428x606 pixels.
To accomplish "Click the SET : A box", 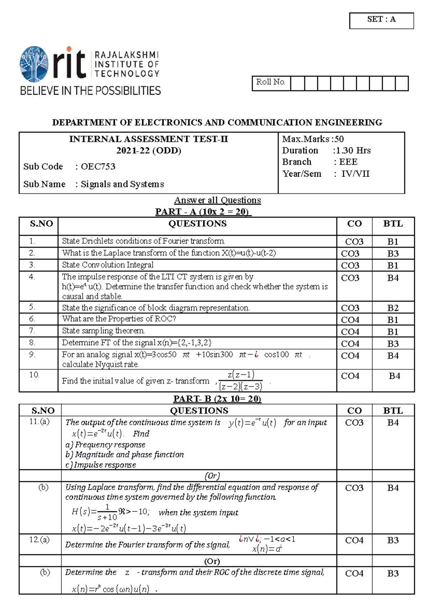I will tap(381, 20).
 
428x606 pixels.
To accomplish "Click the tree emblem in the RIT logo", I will tap(34, 64).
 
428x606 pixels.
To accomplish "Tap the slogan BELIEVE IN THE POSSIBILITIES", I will tap(90, 91).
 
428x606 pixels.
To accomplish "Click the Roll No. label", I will tap(271, 82).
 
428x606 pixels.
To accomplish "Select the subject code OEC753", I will tap(98, 167).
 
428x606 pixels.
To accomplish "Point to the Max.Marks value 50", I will tap(339, 139).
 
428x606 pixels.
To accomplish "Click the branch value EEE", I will tap(348, 162).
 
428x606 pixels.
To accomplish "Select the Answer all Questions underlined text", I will tap(217, 200).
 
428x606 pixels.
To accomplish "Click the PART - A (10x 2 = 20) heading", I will tap(203, 212).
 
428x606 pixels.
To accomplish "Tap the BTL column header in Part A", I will tap(393, 224).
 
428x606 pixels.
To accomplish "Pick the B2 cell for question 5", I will tap(393, 308).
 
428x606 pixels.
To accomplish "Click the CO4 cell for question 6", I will tap(350, 320).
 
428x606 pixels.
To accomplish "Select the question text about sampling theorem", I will tap(103, 331).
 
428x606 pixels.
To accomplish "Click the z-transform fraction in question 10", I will tap(241, 380).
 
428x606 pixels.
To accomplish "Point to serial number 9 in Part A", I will tap(32, 355).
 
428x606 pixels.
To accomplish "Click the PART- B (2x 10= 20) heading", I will tap(217, 399).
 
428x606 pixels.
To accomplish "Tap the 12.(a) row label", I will tap(39, 540).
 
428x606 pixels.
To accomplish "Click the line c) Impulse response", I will tap(101, 465).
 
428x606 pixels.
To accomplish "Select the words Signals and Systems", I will tap(122, 184).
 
